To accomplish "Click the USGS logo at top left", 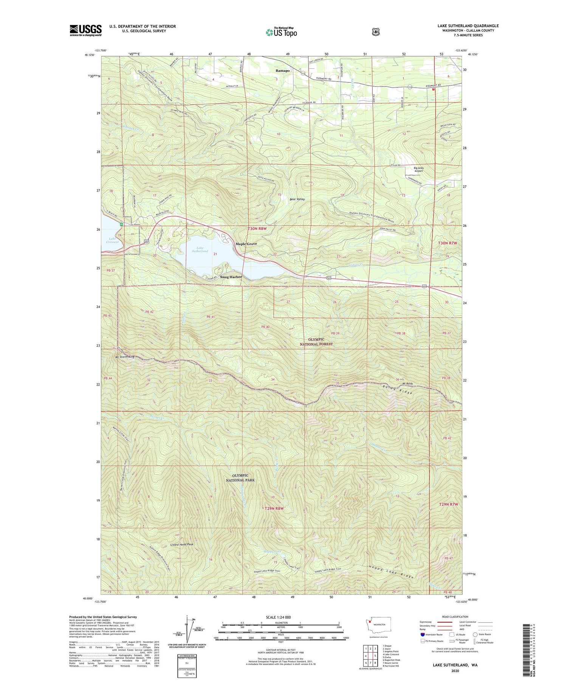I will [x=85, y=30].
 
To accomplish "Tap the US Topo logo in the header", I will [x=281, y=32].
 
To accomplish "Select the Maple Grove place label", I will [x=246, y=244].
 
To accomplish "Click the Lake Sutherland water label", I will [x=200, y=249].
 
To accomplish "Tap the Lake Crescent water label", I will [x=112, y=240].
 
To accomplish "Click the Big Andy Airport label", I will [x=418, y=169].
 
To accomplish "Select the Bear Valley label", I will [x=297, y=199].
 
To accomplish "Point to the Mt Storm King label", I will [x=125, y=357].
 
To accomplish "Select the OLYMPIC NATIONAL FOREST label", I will [x=316, y=342].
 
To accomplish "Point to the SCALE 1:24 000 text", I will [x=278, y=617].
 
